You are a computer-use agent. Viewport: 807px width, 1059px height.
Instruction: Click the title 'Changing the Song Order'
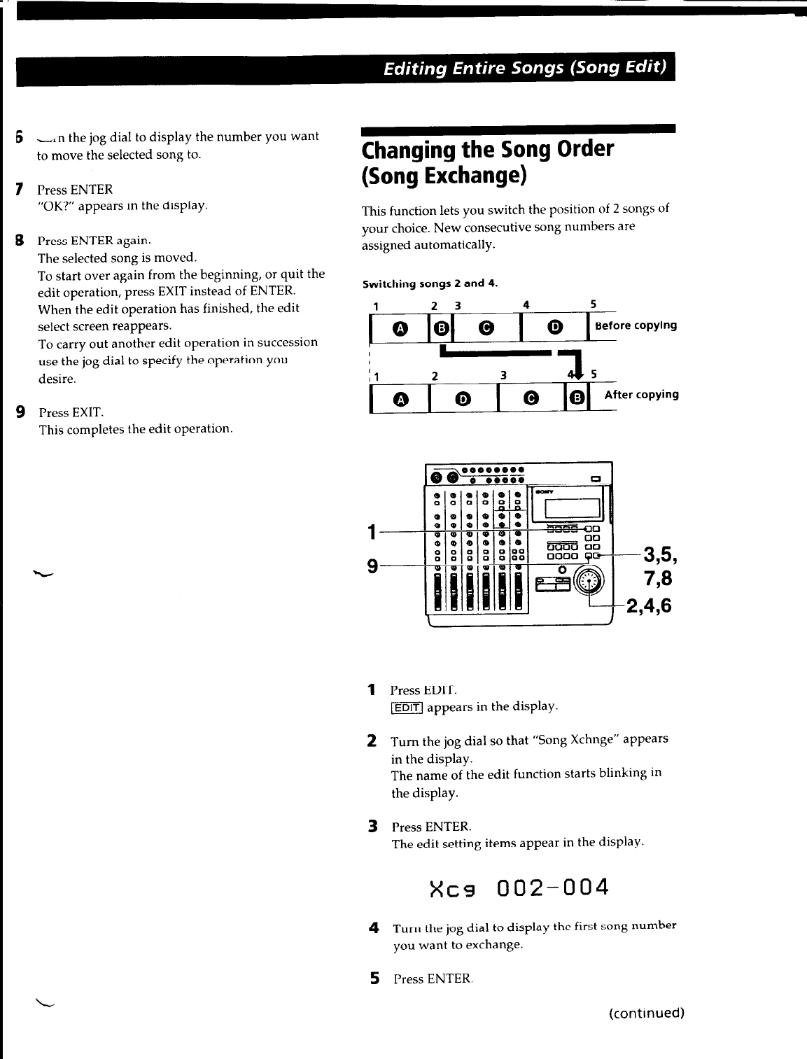(488, 150)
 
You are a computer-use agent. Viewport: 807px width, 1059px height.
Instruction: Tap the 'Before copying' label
(636, 325)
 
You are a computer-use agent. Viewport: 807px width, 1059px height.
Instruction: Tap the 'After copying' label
(641, 395)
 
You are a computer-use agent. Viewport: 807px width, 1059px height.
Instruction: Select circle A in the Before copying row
(400, 327)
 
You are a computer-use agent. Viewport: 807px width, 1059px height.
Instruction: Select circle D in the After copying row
(462, 399)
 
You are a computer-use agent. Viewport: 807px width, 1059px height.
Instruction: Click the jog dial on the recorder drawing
(588, 580)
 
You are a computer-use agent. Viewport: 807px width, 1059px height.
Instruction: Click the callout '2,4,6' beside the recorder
(649, 605)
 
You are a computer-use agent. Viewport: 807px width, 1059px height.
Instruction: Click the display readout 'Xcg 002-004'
(519, 888)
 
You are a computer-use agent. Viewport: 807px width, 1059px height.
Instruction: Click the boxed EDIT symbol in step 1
(407, 708)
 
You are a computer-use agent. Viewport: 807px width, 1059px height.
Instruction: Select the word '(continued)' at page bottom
(646, 1013)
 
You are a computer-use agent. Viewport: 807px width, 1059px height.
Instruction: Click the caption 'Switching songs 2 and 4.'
(430, 283)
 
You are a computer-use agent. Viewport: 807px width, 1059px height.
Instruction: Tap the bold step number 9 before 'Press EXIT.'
(22, 412)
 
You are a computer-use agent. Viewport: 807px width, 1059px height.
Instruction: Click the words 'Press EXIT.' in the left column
(71, 413)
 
